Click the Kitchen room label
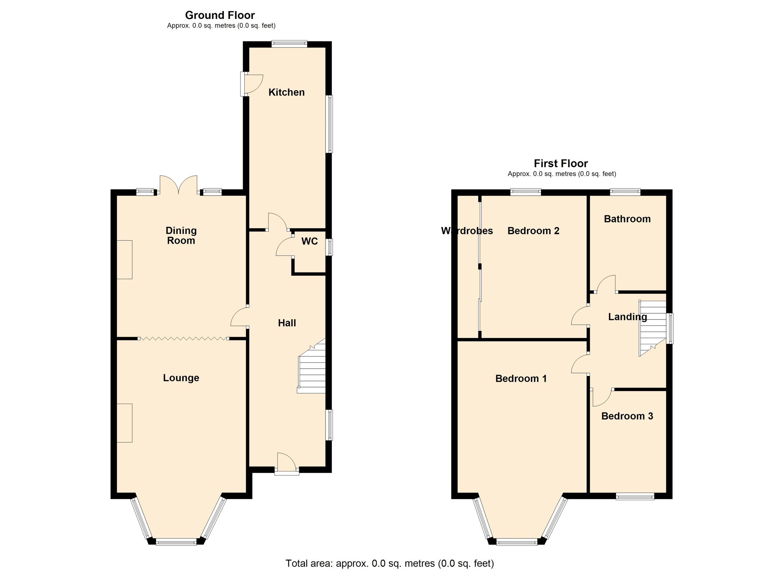point(286,92)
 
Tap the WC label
point(309,241)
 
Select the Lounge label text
point(181,378)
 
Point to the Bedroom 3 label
point(627,416)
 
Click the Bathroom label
point(627,219)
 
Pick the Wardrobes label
point(467,231)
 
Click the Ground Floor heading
point(220,15)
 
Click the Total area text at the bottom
point(390,563)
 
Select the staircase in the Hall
point(312,370)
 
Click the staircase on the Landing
point(653,327)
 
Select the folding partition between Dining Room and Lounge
point(183,339)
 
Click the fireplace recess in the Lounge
point(124,423)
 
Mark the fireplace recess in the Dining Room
point(124,260)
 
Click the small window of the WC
point(329,247)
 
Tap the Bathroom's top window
point(625,192)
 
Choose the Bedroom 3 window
point(635,497)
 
